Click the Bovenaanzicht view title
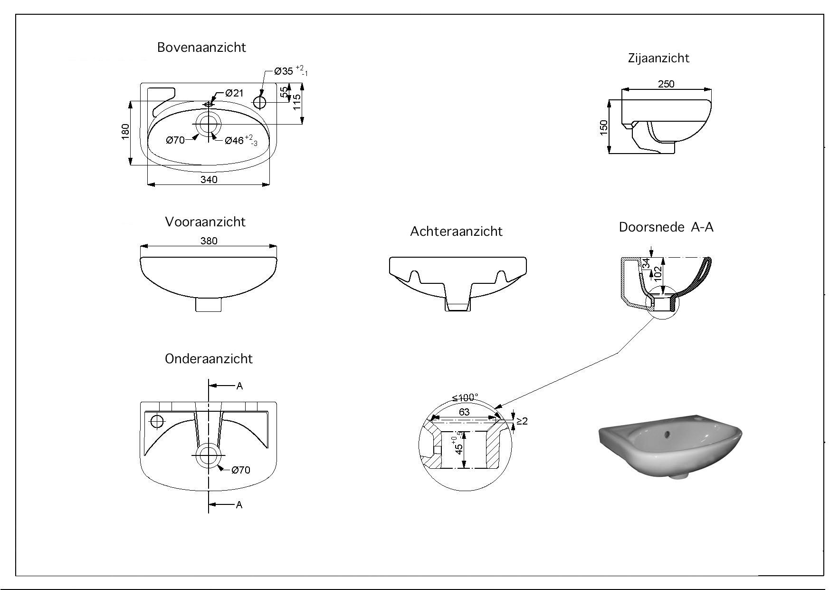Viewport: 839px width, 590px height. (x=201, y=48)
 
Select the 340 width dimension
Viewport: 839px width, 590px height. (x=209, y=179)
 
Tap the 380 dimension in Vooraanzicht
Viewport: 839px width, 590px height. (x=209, y=241)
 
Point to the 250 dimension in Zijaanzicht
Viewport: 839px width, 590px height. (x=666, y=84)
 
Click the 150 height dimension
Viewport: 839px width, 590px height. (x=604, y=127)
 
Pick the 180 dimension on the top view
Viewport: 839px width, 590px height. (x=125, y=132)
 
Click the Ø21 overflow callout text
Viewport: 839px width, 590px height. (x=234, y=93)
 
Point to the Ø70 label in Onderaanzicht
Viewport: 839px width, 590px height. (x=240, y=470)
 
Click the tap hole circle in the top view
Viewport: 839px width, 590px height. (x=260, y=102)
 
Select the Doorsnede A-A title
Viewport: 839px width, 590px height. (x=666, y=227)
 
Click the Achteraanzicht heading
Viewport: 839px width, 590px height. (x=456, y=232)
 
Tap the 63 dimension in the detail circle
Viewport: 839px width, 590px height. (x=464, y=412)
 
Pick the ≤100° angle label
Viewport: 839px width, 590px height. (x=465, y=397)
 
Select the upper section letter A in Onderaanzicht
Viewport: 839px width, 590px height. (x=239, y=386)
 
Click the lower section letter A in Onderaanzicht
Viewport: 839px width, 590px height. (x=239, y=505)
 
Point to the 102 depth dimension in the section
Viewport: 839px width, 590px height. (x=658, y=272)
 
